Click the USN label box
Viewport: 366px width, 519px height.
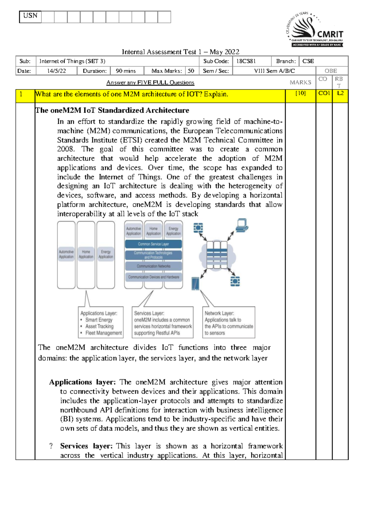[30, 17]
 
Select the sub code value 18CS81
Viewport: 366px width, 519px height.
[246, 61]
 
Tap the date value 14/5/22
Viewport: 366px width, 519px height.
[56, 71]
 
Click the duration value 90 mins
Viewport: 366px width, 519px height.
[126, 71]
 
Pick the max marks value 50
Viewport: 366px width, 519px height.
[191, 71]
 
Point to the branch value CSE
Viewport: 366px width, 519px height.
[308, 61]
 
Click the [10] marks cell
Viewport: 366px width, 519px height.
[300, 94]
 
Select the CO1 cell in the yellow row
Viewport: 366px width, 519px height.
[324, 94]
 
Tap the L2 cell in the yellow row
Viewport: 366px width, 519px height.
[340, 94]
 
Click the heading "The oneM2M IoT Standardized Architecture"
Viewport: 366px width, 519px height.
[112, 110]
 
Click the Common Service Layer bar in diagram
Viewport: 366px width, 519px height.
[153, 244]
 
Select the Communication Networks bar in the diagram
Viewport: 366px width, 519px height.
[153, 266]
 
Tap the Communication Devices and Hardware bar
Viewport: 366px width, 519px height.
[153, 277]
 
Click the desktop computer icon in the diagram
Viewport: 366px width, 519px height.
[242, 225]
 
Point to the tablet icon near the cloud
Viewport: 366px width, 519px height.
[195, 283]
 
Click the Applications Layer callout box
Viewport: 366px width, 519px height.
[101, 323]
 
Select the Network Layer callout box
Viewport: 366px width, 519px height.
[229, 323]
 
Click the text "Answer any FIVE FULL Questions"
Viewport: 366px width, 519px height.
[150, 83]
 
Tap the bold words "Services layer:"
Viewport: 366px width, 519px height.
[86, 446]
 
